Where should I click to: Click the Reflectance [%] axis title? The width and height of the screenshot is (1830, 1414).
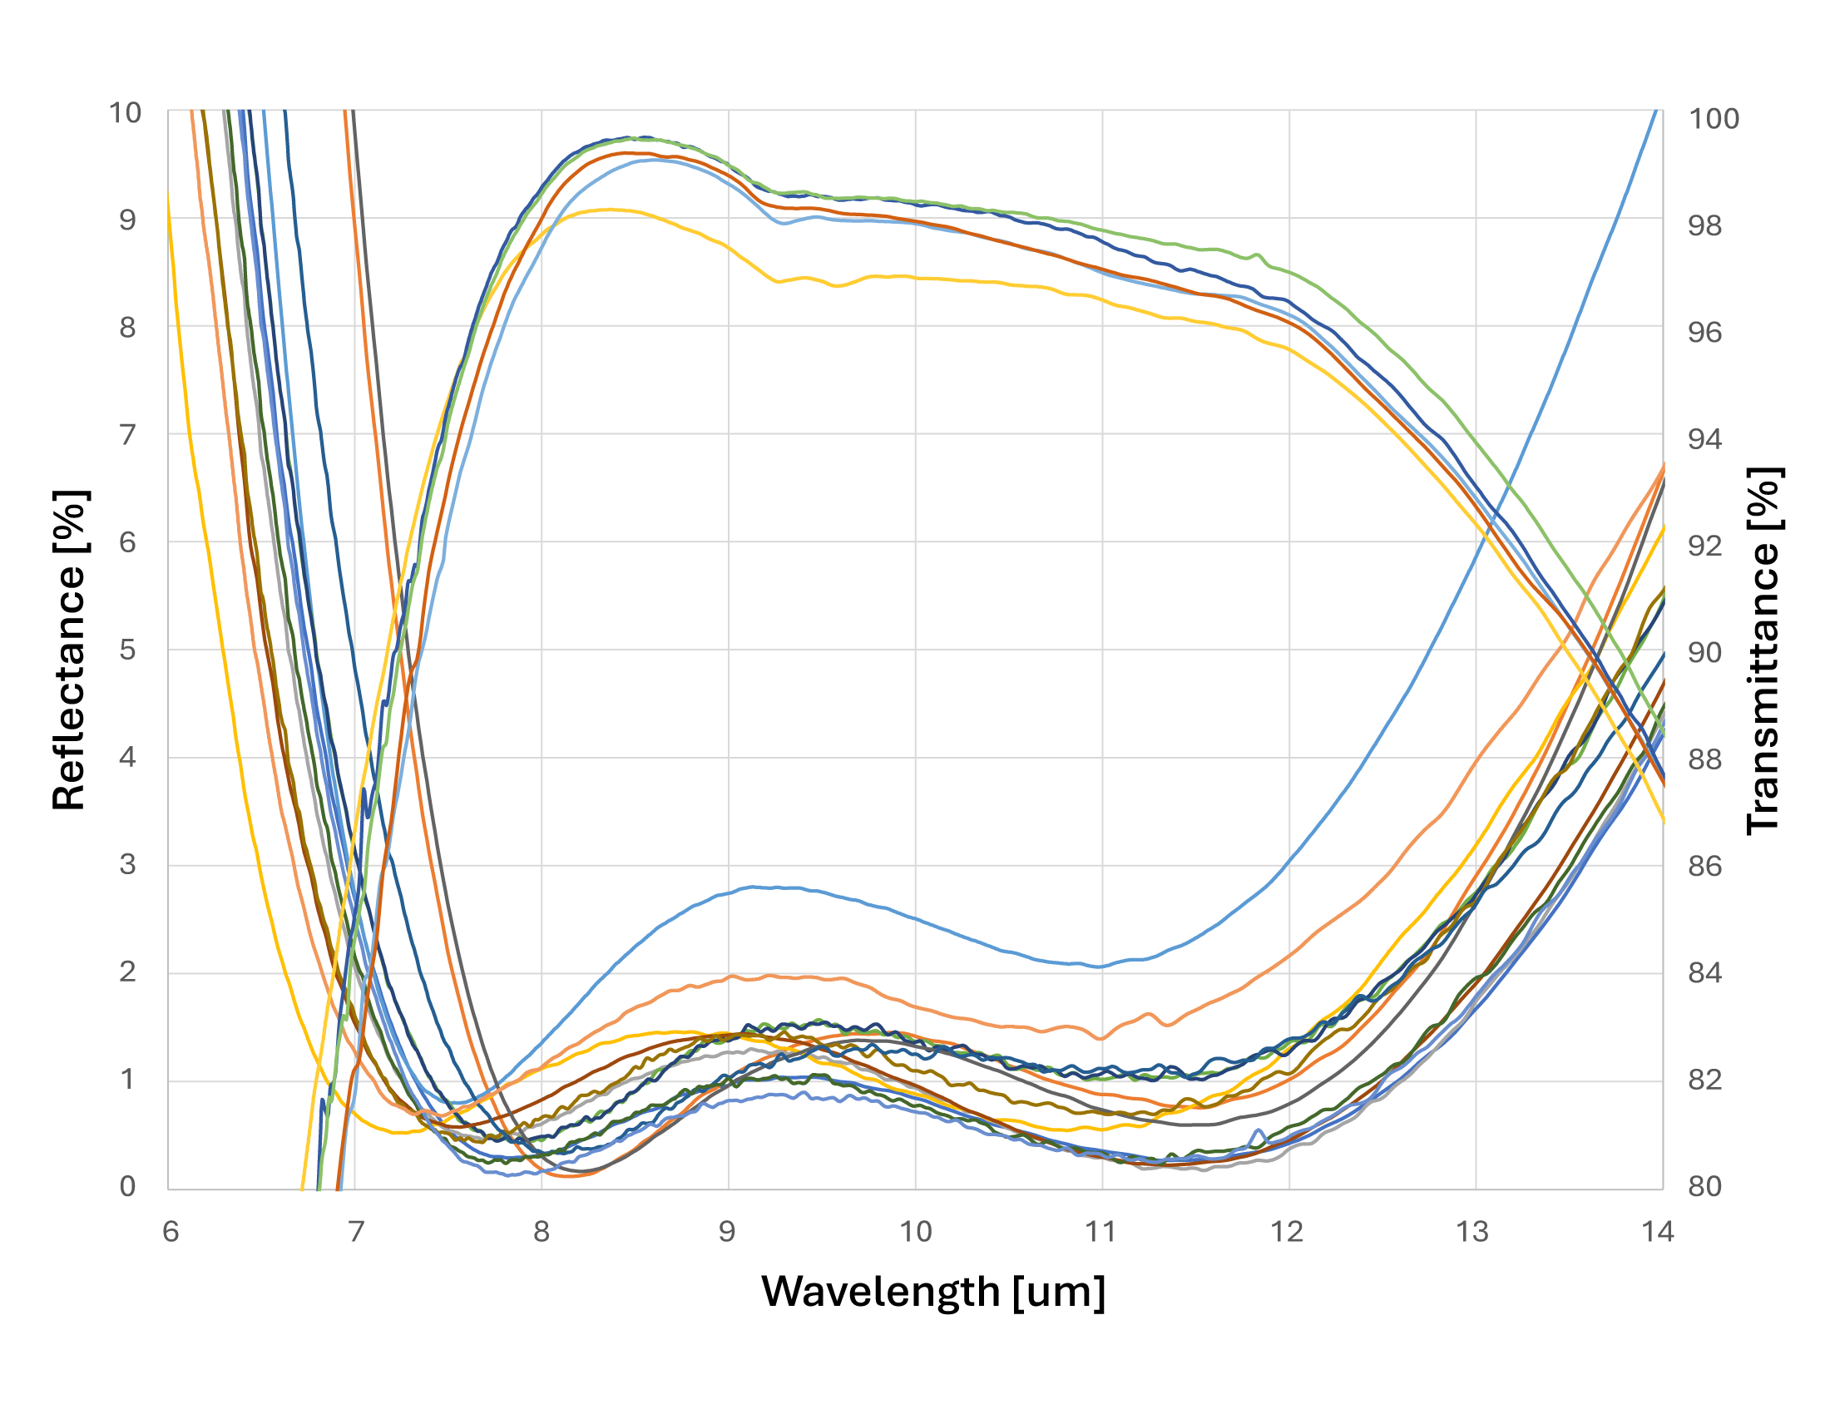(x=69, y=650)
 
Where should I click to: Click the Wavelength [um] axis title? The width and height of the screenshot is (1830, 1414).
(x=933, y=1291)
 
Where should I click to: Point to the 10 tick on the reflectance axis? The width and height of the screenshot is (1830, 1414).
(x=125, y=113)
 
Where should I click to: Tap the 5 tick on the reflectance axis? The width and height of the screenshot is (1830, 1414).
(x=127, y=650)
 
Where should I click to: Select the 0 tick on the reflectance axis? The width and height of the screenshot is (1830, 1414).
(x=127, y=1186)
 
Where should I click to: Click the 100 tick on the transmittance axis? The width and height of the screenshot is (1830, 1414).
(x=1714, y=119)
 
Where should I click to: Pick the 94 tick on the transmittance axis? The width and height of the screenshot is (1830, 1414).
(x=1704, y=439)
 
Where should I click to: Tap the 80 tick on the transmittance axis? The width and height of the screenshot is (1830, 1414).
(x=1704, y=1186)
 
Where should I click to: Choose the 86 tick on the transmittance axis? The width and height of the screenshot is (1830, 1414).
(x=1704, y=866)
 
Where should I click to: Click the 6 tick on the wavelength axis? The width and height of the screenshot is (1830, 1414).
(x=170, y=1231)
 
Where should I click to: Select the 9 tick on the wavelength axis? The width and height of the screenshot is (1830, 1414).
(x=727, y=1231)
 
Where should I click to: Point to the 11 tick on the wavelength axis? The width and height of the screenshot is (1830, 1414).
(x=1101, y=1231)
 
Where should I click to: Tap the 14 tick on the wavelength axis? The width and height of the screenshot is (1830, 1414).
(x=1657, y=1231)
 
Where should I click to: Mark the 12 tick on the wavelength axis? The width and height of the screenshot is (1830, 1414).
(x=1288, y=1231)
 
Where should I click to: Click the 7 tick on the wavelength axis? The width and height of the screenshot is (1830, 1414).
(x=356, y=1231)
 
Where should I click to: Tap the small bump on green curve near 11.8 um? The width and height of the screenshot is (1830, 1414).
(x=1257, y=255)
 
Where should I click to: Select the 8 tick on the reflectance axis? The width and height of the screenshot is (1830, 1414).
(x=127, y=328)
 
